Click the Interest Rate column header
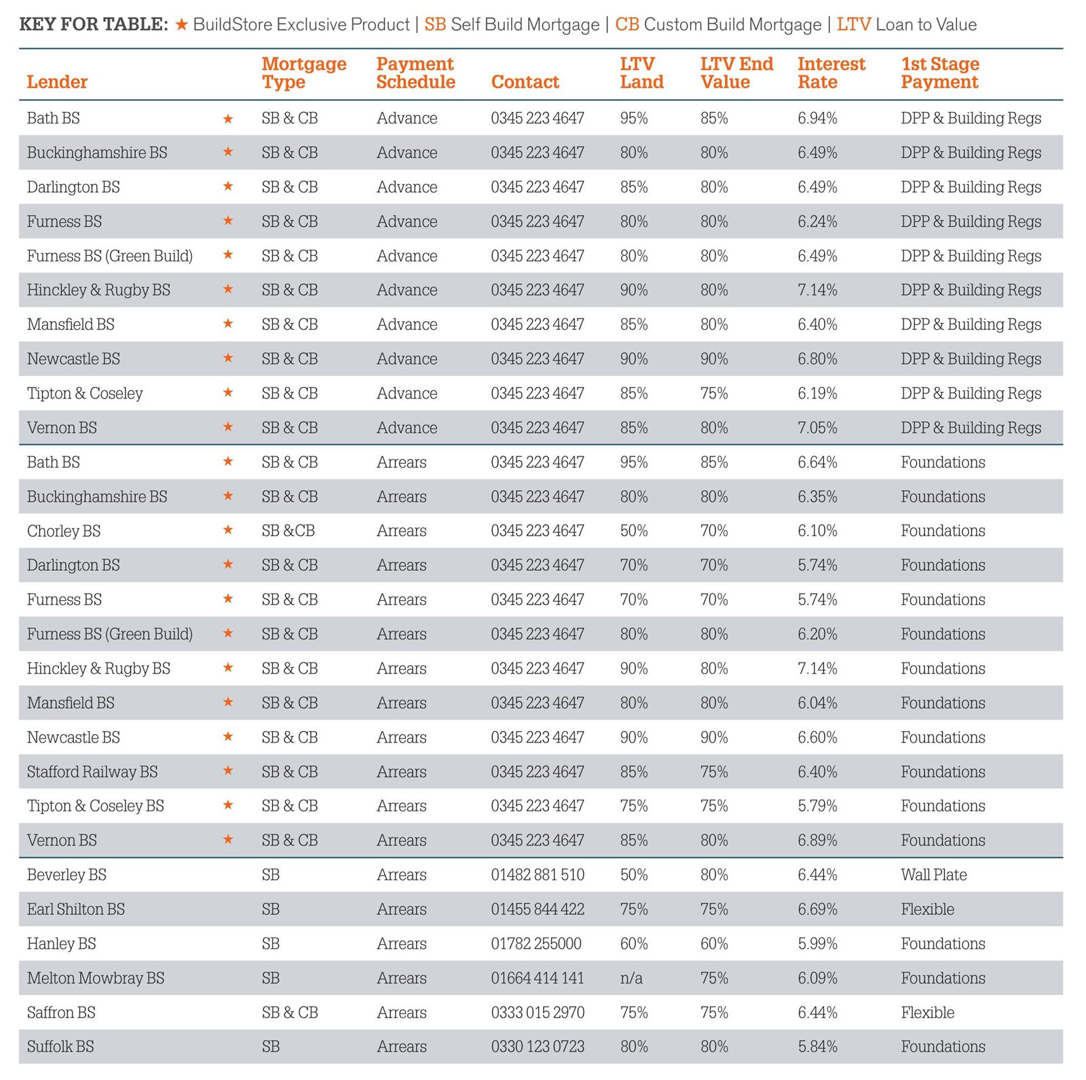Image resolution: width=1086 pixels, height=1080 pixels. coord(831,73)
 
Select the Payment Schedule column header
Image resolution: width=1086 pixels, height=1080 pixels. coord(415,73)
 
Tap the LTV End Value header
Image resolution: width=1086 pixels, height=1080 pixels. coord(736,73)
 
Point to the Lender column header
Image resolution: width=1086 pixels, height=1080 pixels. coord(57,82)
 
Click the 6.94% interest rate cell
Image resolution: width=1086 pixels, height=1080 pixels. coord(817,118)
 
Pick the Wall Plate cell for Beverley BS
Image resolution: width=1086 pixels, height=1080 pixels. coord(934,875)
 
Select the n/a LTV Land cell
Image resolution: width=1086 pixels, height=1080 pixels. coord(631,978)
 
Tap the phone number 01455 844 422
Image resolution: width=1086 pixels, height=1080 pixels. coord(538,910)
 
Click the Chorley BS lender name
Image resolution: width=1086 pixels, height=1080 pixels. coord(64,531)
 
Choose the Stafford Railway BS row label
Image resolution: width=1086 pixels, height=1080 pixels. coord(92,772)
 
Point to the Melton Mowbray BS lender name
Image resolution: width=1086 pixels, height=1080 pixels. coord(96,978)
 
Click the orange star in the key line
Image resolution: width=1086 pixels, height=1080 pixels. coord(181,25)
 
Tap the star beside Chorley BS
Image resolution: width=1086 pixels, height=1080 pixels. coord(228,529)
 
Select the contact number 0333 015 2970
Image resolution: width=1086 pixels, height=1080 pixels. coord(538,1013)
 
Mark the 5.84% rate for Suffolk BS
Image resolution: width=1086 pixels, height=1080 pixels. coord(817,1047)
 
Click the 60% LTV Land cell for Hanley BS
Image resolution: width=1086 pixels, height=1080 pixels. coord(634,944)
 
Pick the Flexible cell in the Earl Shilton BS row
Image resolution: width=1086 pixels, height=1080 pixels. coord(927,910)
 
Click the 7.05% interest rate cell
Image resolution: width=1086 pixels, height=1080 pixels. coord(817,428)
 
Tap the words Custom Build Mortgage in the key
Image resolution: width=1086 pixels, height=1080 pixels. coord(732,25)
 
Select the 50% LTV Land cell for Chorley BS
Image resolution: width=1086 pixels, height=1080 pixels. coord(634,531)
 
